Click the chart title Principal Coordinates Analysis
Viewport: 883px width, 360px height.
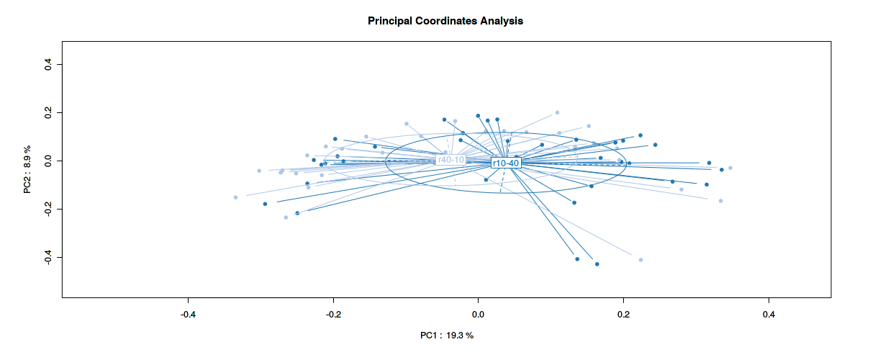445,21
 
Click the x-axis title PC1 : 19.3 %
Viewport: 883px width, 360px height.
447,336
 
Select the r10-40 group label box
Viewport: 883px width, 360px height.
505,163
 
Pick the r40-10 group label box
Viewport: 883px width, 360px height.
451,160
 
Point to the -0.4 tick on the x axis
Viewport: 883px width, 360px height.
188,315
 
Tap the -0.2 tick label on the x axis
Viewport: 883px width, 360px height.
333,315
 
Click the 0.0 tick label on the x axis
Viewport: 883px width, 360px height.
478,315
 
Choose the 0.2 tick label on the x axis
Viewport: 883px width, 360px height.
623,315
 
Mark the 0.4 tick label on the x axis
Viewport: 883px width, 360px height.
769,315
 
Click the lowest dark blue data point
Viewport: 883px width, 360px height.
597,264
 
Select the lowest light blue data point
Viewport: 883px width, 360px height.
640,260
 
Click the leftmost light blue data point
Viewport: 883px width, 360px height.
235,197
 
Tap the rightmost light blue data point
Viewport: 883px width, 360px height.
730,168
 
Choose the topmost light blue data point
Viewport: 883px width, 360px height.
557,112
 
